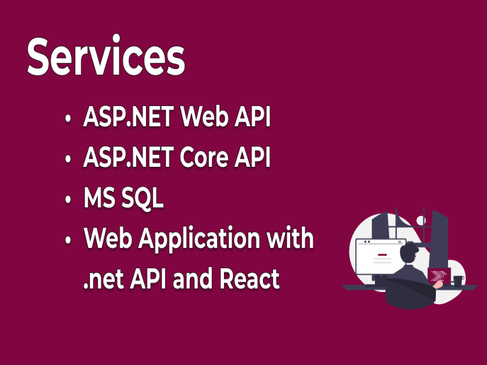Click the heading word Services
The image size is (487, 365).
(x=106, y=57)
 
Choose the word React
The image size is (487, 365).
(x=250, y=279)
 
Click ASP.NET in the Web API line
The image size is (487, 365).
(x=128, y=118)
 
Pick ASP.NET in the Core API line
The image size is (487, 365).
(x=128, y=158)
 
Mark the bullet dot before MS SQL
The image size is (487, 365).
(x=69, y=200)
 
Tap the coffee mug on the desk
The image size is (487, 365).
(x=458, y=280)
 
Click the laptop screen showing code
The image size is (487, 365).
(x=438, y=275)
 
